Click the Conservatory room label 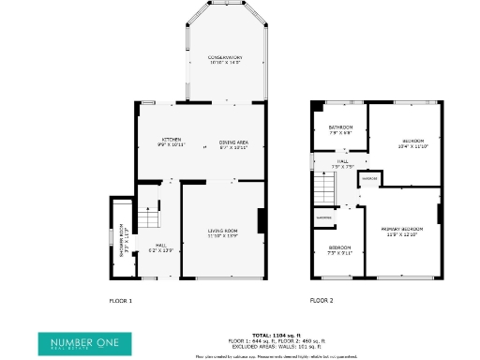pos(224,60)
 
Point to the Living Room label pos(222,232)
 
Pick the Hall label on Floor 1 pos(161,248)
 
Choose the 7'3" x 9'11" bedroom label pos(338,250)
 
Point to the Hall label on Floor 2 pos(343,164)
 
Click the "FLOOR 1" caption pos(122,301)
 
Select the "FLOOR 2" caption pos(322,301)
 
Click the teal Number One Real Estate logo pos(79,344)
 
